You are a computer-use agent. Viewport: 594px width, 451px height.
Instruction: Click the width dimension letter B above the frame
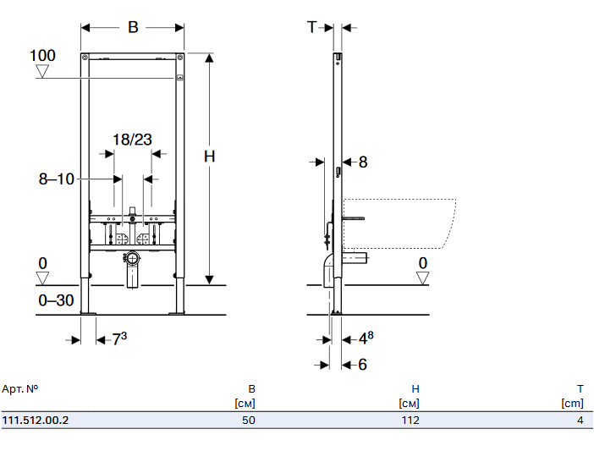pyautogui.click(x=133, y=27)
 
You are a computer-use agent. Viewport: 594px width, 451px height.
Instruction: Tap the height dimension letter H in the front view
pyautogui.click(x=209, y=156)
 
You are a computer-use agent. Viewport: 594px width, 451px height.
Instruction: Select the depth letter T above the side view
pyautogui.click(x=311, y=27)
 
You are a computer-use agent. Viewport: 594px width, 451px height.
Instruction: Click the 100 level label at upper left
pyautogui.click(x=42, y=56)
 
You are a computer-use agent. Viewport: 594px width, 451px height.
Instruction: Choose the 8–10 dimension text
pyautogui.click(x=57, y=179)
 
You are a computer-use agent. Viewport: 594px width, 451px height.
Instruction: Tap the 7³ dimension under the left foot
pyautogui.click(x=119, y=339)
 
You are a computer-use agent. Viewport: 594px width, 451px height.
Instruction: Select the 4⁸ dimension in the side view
pyautogui.click(x=366, y=339)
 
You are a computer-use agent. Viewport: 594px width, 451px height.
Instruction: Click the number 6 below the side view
pyautogui.click(x=363, y=365)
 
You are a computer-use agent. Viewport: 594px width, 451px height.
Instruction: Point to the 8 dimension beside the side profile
pyautogui.click(x=363, y=161)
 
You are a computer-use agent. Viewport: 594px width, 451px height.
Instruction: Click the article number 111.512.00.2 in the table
pyautogui.click(x=36, y=420)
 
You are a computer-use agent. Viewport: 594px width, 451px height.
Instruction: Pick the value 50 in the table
pyautogui.click(x=248, y=420)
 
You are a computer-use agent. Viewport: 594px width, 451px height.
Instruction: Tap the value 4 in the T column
pyautogui.click(x=580, y=420)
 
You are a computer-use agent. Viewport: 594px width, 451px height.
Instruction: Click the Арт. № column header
pyautogui.click(x=20, y=388)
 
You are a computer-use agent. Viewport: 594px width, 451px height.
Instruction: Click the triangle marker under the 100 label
pyautogui.click(x=43, y=73)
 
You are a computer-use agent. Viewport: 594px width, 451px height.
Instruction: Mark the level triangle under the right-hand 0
pyautogui.click(x=423, y=278)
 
